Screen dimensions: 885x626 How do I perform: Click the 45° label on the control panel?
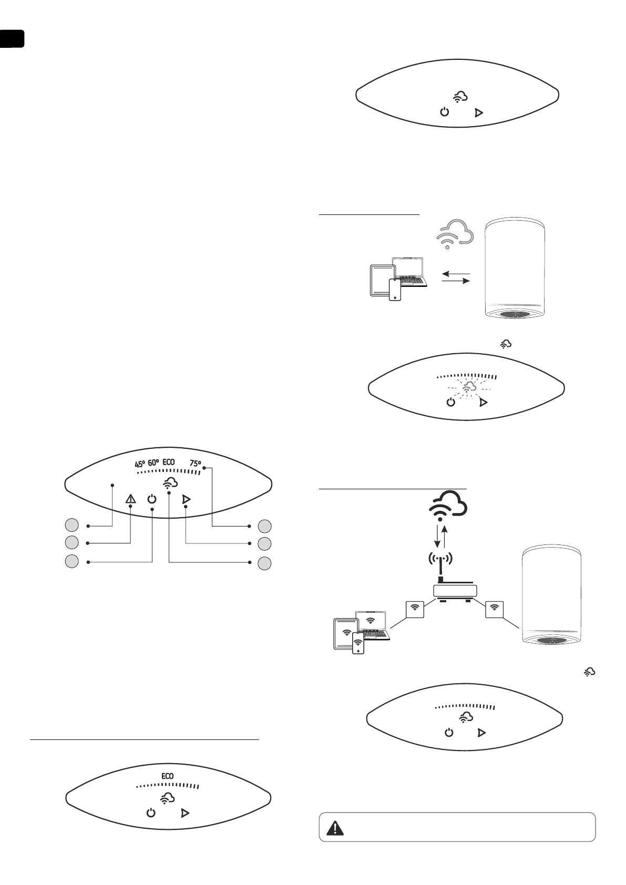coord(139,464)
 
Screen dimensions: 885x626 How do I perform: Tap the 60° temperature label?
coord(153,463)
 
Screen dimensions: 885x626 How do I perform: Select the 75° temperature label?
coord(196,464)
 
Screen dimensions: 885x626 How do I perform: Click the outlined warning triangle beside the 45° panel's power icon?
coord(130,500)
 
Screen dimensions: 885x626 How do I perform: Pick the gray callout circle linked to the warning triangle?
coord(72,542)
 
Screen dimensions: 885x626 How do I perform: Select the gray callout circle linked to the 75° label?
coord(265,525)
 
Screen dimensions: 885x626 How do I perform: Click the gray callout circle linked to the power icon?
coord(72,561)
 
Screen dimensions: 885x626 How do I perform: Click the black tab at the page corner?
coord(12,39)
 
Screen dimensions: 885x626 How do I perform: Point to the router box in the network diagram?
coord(455,590)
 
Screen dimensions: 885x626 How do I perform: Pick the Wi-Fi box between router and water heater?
coord(494,609)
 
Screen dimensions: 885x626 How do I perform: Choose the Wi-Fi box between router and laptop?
coord(415,609)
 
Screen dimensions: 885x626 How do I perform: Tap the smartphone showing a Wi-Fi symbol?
coord(358,642)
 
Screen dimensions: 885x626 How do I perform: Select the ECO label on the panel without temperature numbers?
coord(167,776)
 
